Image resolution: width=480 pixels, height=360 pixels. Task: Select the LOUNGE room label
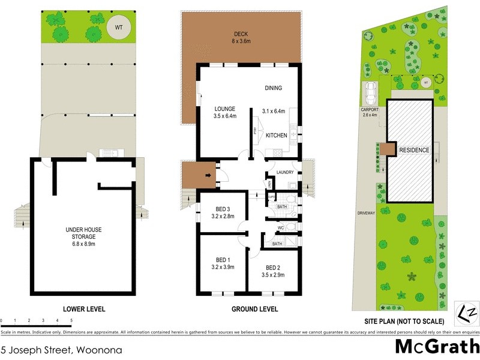click(224, 112)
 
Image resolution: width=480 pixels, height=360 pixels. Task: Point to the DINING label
click(273, 88)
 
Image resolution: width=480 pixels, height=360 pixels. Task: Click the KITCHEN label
click(277, 136)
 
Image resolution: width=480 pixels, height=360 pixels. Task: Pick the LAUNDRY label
click(284, 173)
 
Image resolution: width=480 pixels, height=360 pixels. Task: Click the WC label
click(281, 228)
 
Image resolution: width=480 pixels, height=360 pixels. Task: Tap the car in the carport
click(370, 93)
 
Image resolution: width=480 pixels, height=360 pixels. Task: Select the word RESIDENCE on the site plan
click(414, 150)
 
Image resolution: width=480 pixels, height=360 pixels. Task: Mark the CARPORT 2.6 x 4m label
click(370, 113)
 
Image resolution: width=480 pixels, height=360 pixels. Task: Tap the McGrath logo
click(436, 347)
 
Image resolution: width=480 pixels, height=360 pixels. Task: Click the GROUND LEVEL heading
click(254, 309)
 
